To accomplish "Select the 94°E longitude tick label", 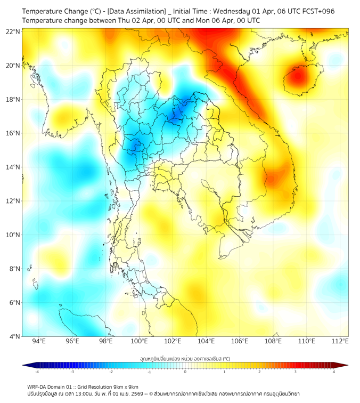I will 39,342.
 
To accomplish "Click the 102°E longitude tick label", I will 173,342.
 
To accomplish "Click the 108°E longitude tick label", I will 274,342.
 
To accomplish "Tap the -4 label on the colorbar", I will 36,372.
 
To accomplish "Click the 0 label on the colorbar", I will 185,372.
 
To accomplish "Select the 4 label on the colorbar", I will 334,372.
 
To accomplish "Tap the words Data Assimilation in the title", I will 139,11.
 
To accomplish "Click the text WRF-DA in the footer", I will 38,386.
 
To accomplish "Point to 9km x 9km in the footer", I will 125,386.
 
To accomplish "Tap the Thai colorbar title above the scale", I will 185,359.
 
